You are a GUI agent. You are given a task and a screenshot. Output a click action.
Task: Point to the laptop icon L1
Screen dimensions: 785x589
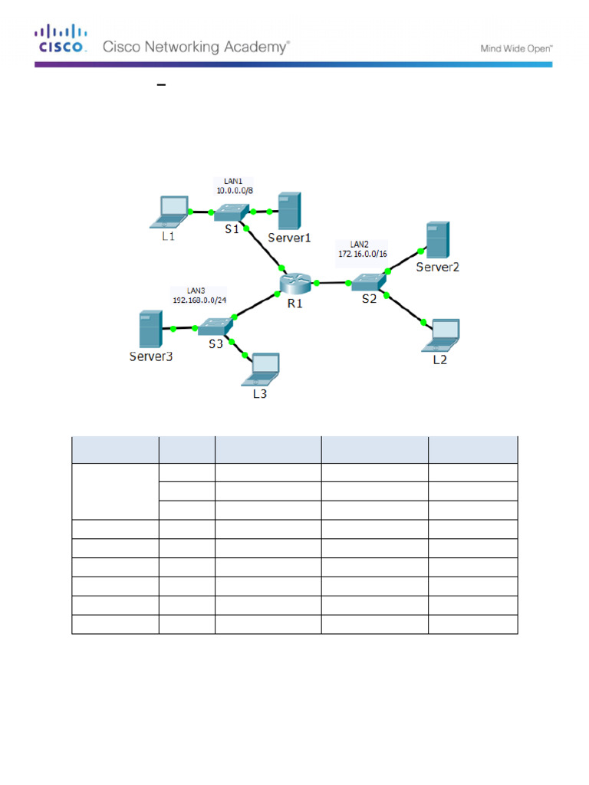(x=173, y=212)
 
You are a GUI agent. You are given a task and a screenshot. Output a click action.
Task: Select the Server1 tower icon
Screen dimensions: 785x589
(x=288, y=211)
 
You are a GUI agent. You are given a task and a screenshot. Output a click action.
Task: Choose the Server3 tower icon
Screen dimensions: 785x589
(x=150, y=330)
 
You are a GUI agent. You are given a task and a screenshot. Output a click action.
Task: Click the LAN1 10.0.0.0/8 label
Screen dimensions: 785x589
(x=231, y=185)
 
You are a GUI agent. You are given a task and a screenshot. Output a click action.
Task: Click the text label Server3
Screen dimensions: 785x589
(x=150, y=356)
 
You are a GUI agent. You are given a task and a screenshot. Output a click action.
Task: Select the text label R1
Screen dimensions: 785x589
(x=295, y=303)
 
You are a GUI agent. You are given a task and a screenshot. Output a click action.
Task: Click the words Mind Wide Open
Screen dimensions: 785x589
(x=516, y=48)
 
